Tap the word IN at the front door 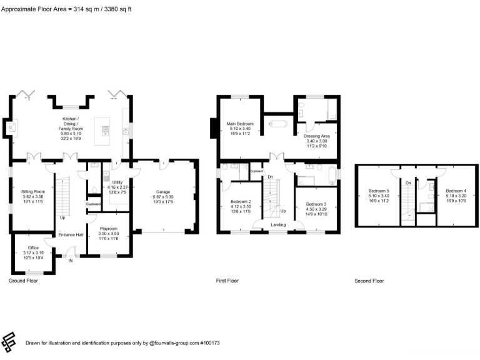tap(71, 261)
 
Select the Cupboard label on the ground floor tap(93, 204)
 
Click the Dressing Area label tap(316, 138)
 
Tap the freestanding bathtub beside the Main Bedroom tap(277, 124)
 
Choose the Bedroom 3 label tap(316, 207)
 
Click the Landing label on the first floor tap(278, 225)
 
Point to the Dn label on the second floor tap(407, 182)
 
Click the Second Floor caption tap(369, 281)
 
